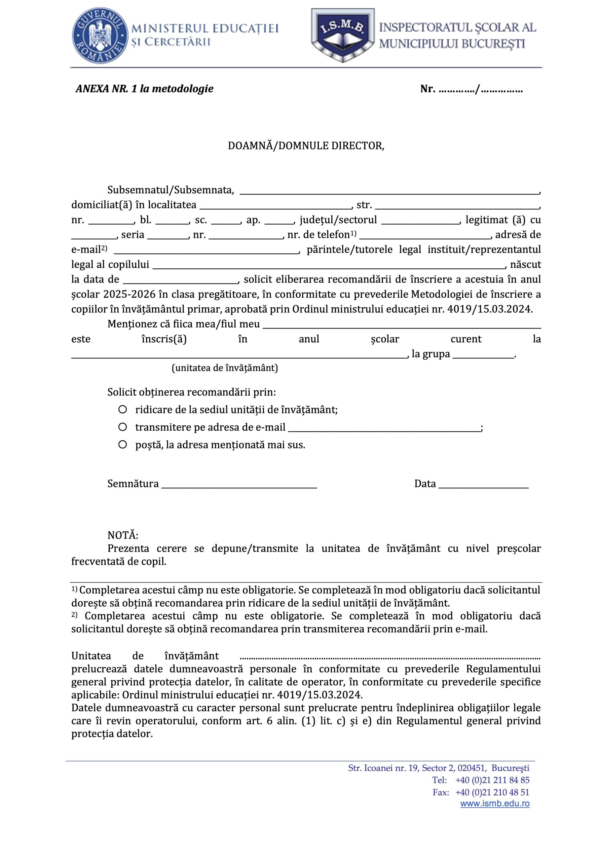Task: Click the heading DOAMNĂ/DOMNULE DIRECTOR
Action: tap(306, 146)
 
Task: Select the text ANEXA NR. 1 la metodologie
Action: tap(144, 89)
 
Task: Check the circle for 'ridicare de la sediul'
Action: tap(123, 409)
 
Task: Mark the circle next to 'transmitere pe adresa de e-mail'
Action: tap(123, 427)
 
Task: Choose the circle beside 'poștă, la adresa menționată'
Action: tap(123, 444)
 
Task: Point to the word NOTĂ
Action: tap(123, 535)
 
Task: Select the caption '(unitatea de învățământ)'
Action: tap(225, 368)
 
